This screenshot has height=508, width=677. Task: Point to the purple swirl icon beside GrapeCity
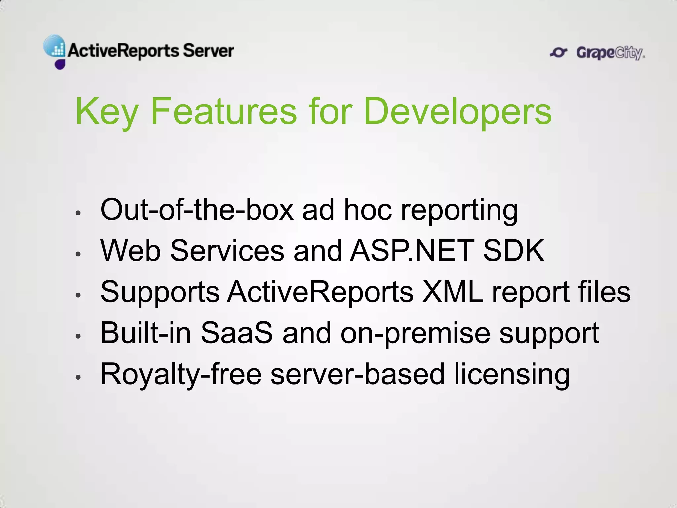(x=559, y=52)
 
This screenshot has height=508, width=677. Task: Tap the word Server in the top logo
(x=208, y=51)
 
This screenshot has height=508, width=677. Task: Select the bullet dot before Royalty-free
(x=78, y=377)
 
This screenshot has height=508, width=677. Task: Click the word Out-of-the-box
(x=197, y=210)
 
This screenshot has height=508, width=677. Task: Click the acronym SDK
(x=513, y=251)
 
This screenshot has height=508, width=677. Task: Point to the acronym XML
(x=453, y=292)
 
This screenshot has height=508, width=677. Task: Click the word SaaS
(x=237, y=333)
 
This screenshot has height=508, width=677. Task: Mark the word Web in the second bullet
(x=131, y=251)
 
